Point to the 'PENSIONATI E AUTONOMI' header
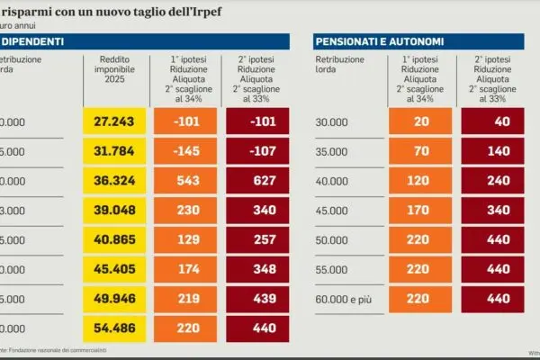click(x=381, y=42)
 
